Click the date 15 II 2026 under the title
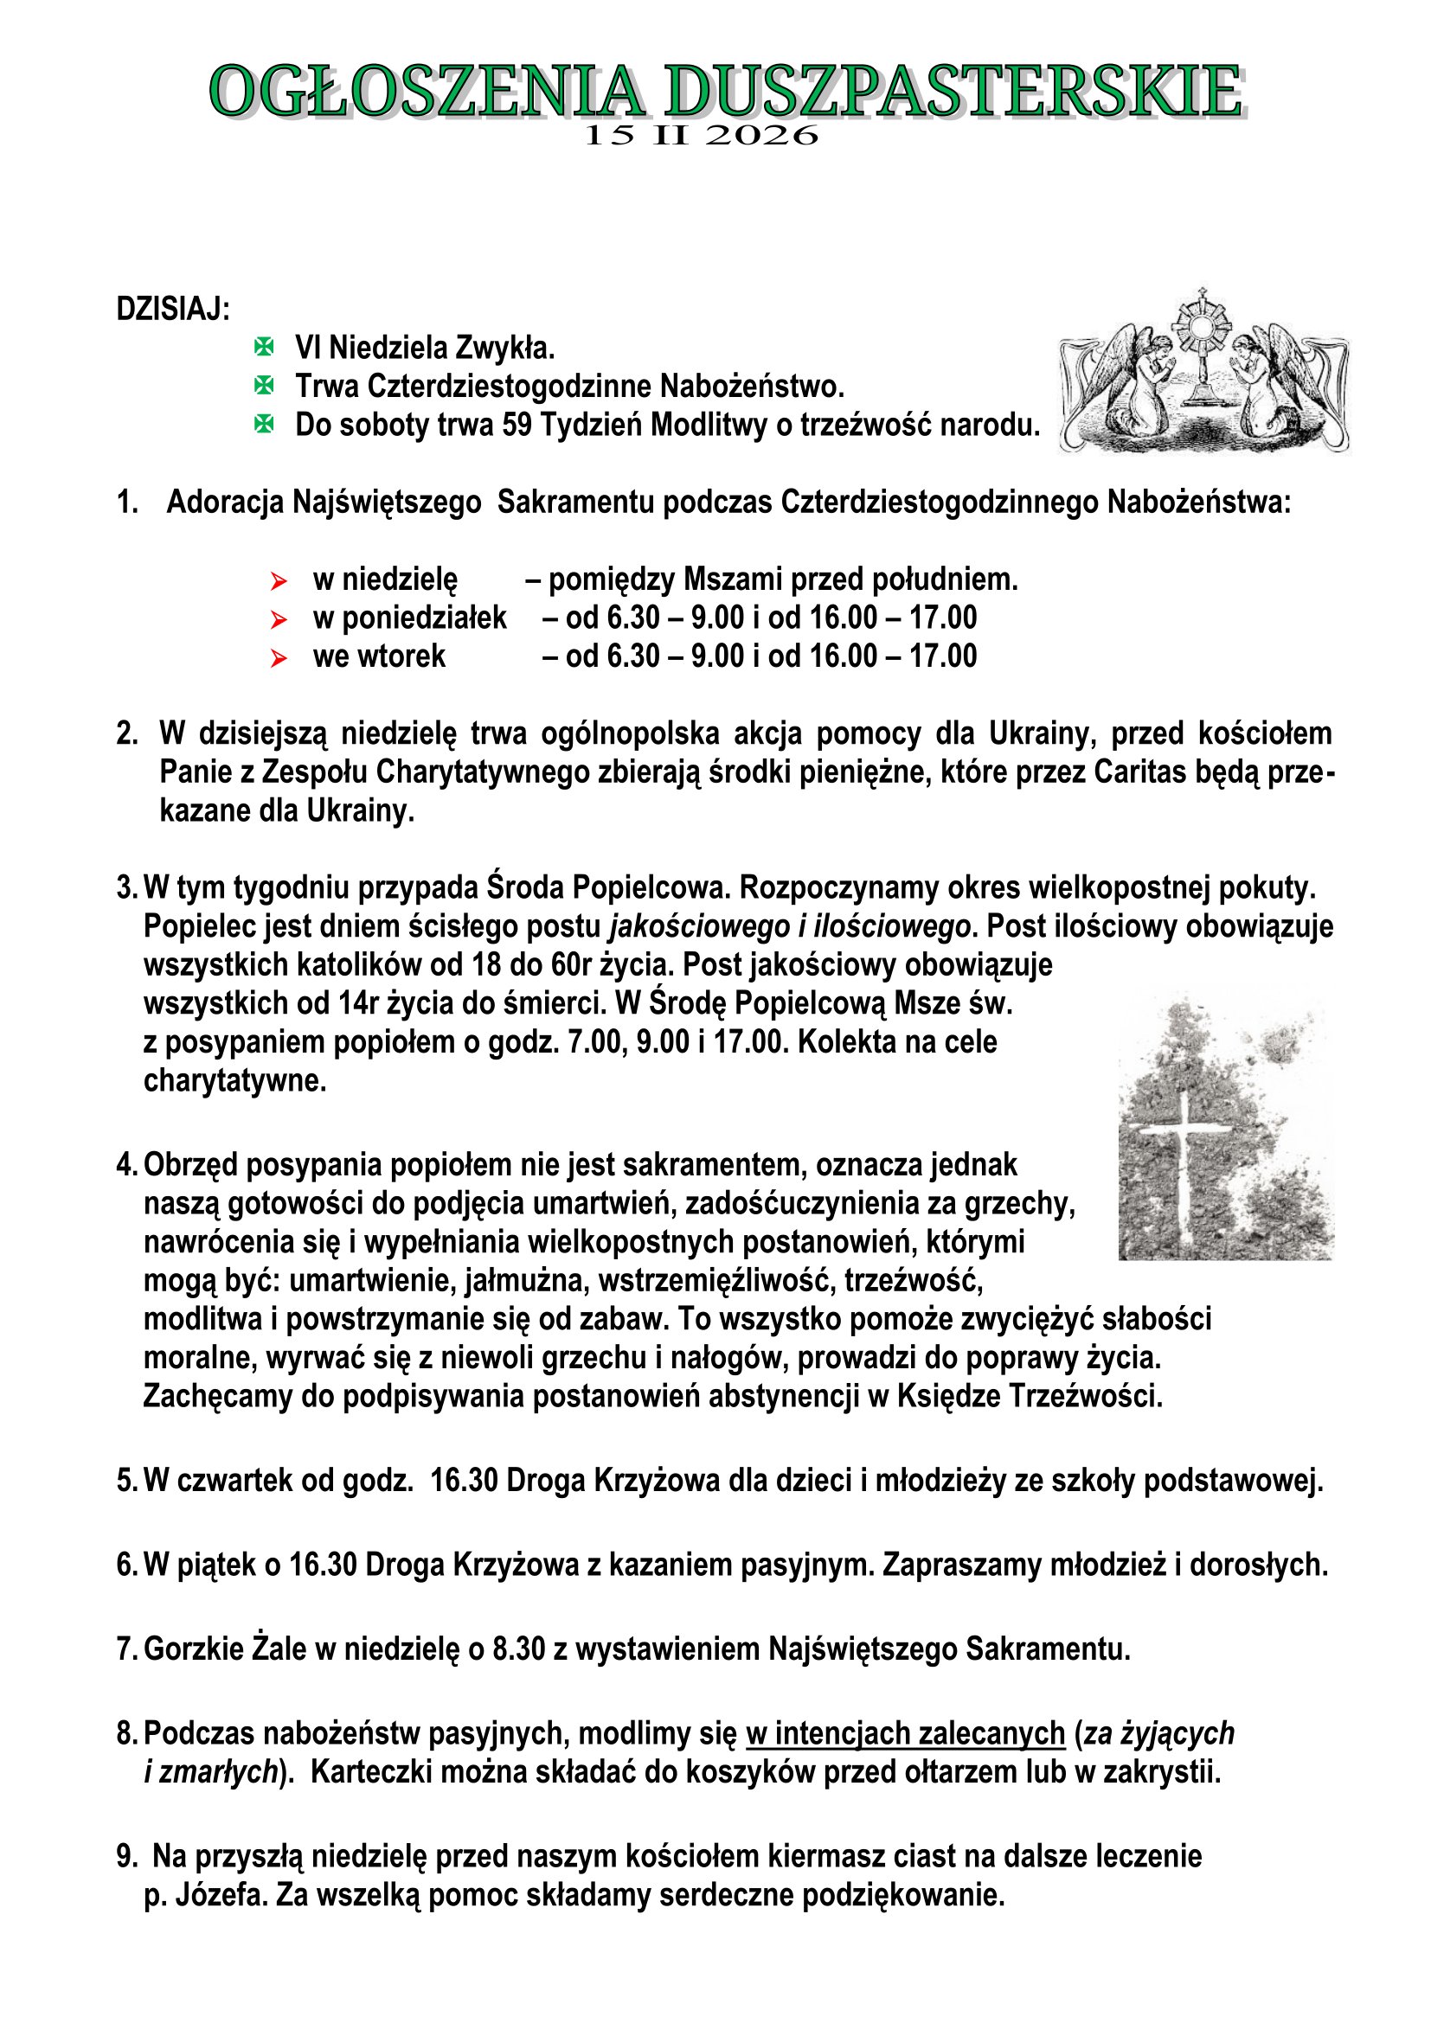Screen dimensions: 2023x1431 coord(702,136)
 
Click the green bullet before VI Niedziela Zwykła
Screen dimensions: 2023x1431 coord(264,347)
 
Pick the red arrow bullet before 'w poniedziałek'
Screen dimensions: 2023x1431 coord(279,619)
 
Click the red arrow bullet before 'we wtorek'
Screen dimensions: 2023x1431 coord(279,658)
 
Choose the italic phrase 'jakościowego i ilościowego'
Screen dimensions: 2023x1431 coord(791,927)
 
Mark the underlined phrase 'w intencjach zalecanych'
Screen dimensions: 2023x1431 coord(905,1733)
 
